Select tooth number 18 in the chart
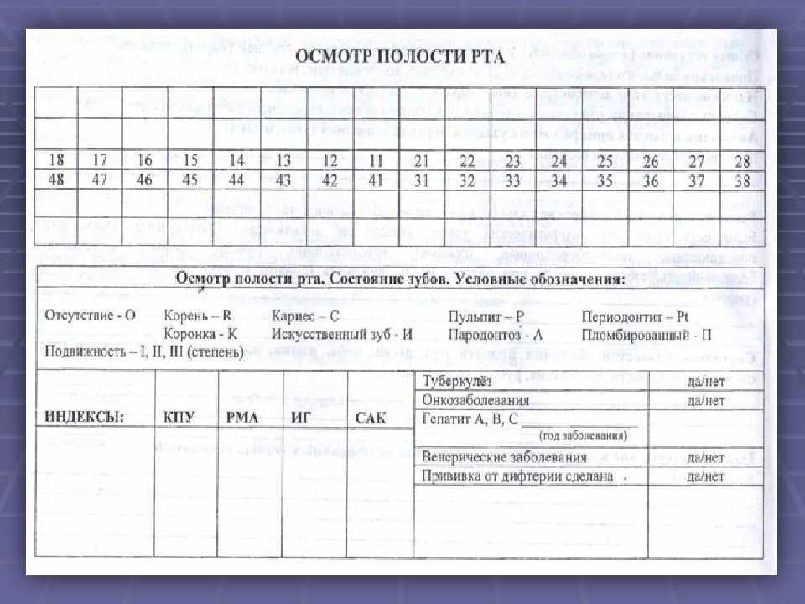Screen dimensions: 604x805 coord(56,160)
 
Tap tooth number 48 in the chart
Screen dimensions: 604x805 coord(56,179)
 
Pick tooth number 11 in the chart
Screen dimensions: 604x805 coord(376,160)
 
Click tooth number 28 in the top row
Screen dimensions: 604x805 coord(741,161)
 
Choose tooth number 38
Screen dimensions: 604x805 coord(741,180)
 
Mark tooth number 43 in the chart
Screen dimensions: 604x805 coord(283,179)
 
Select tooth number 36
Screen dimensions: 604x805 coord(650,180)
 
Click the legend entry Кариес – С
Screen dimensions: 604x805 coord(305,315)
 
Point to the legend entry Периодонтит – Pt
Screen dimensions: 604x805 coord(647,316)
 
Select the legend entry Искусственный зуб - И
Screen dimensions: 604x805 coord(341,333)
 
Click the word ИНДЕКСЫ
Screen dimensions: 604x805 coord(84,417)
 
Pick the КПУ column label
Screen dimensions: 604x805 coord(180,417)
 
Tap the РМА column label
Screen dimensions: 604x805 coord(242,417)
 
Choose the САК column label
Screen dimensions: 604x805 coord(371,417)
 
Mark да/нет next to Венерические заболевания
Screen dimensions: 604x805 coord(705,457)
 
